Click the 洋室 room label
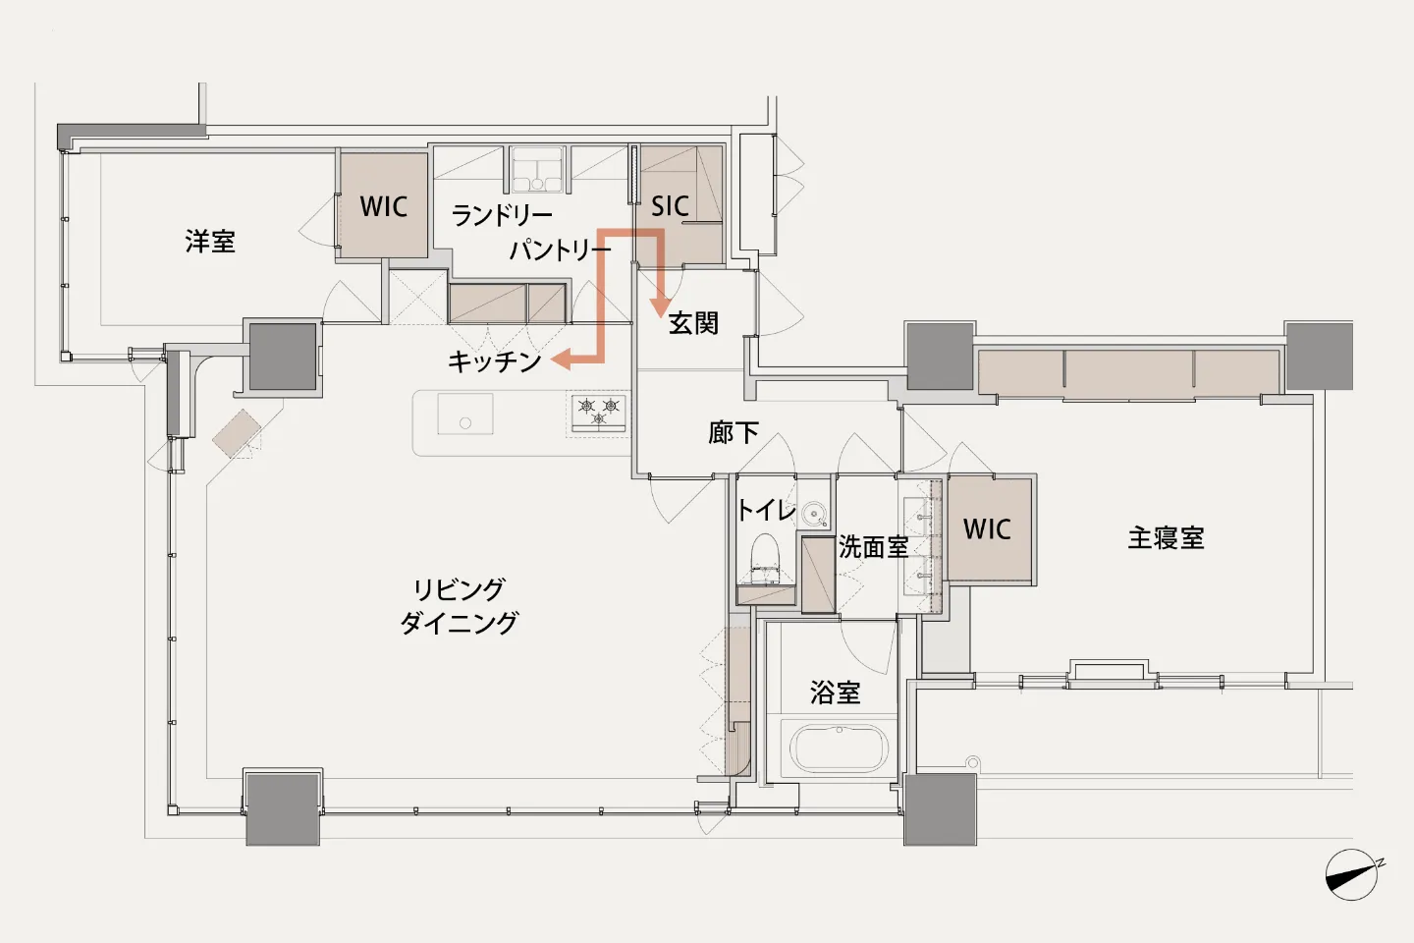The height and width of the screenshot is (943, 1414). [210, 242]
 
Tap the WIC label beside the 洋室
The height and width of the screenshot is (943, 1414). [384, 206]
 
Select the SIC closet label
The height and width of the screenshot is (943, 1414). [670, 206]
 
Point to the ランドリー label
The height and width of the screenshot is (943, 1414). [502, 216]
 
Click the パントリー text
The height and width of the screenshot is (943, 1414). [561, 250]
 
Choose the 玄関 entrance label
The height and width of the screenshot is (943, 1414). [693, 323]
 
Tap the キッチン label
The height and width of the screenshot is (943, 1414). [495, 361]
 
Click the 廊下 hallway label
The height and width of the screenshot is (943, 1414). [733, 432]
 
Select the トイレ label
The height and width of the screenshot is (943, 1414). [766, 510]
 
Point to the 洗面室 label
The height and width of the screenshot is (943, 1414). [873, 547]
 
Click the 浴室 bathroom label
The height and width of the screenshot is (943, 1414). [835, 693]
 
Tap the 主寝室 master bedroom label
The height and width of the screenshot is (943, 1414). [1166, 538]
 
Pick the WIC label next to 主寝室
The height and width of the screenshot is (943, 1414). [987, 528]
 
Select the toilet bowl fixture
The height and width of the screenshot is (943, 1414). [766, 557]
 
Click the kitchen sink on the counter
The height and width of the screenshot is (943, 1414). [465, 414]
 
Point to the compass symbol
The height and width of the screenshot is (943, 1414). [1352, 874]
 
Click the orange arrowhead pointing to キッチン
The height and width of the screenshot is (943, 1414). [562, 361]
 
